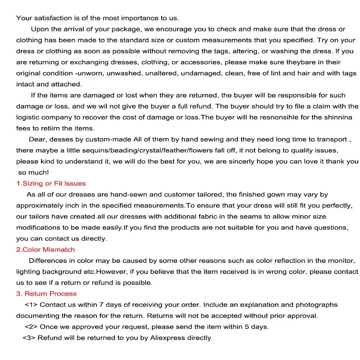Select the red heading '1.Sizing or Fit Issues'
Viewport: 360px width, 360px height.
point(51,183)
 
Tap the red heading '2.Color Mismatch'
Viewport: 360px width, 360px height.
point(46,249)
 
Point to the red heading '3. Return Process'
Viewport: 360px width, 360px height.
point(46,294)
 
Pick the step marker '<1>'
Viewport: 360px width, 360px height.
point(31,305)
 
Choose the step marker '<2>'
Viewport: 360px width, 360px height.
point(31,327)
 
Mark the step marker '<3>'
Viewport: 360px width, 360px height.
point(29,338)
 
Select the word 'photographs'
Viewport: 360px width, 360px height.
point(316,305)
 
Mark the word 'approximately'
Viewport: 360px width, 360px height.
point(39,206)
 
